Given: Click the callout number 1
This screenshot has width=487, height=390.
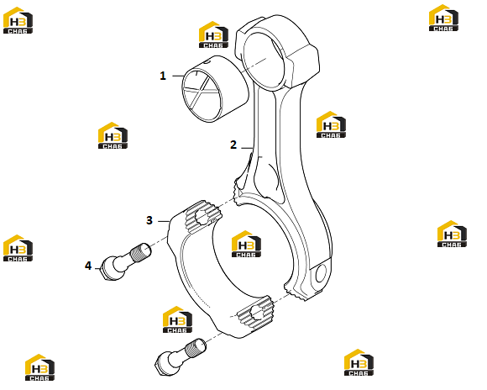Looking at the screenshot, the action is pos(163,76).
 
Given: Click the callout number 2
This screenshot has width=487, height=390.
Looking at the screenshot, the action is pos(233,145).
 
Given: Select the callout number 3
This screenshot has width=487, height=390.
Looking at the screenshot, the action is pos(149,220).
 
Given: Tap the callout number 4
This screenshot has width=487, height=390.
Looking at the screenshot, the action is pos(88,266).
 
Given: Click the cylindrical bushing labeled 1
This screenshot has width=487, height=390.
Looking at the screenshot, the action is pos(214,89).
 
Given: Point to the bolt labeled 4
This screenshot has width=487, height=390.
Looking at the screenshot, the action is pos(126,262).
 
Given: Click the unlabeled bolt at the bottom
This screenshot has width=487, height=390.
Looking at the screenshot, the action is pos(180,357).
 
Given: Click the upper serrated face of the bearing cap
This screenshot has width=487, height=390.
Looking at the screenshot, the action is pos(203,217).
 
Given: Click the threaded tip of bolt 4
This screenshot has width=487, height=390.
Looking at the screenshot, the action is pos(141,251).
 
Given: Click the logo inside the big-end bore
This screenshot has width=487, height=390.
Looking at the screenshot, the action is pos(246,244).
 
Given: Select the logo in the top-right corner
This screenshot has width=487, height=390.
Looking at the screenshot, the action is pos(443,18).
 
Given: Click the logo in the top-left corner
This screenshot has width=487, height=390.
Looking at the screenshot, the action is pos(18,20).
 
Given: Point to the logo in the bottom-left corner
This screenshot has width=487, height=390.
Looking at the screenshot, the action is pos(39,367).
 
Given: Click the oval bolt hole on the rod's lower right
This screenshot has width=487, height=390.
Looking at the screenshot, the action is pos(321,273).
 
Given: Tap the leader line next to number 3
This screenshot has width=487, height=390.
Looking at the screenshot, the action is pos(164,221).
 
